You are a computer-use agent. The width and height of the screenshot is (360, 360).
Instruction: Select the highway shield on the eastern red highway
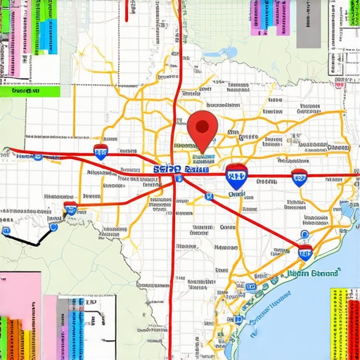click(x=300, y=176)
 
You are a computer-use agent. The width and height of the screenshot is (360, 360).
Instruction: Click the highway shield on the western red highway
click(x=101, y=153)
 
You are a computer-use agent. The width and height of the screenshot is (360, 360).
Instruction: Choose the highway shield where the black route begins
click(x=70, y=208)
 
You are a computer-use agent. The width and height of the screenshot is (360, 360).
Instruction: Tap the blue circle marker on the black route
click(x=53, y=226)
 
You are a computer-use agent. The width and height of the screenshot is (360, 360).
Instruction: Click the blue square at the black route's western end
click(x=6, y=231)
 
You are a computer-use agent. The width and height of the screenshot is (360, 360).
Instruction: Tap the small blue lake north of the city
click(x=229, y=53)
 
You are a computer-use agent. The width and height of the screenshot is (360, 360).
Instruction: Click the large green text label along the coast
click(x=314, y=272)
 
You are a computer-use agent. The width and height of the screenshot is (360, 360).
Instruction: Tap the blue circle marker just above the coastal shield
click(x=304, y=234)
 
